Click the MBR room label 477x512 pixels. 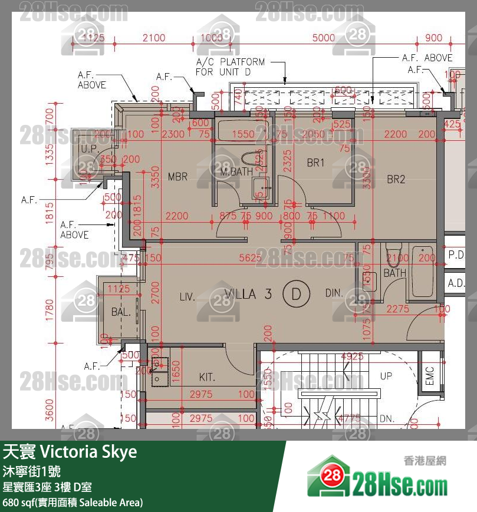pyautogui.click(x=177, y=177)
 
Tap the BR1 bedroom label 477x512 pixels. pyautogui.click(x=316, y=163)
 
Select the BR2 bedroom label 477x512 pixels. pyautogui.click(x=396, y=180)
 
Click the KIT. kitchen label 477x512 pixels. pyautogui.click(x=207, y=377)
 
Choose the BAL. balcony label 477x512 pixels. pyautogui.click(x=121, y=312)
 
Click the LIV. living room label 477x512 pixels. pyautogui.click(x=187, y=296)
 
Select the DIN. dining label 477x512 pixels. pyautogui.click(x=334, y=293)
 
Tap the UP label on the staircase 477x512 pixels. pyautogui.click(x=386, y=375)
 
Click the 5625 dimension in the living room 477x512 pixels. pyautogui.click(x=249, y=257)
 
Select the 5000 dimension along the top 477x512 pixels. pyautogui.click(x=324, y=38)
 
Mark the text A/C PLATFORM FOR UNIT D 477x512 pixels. pyautogui.click(x=231, y=67)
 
